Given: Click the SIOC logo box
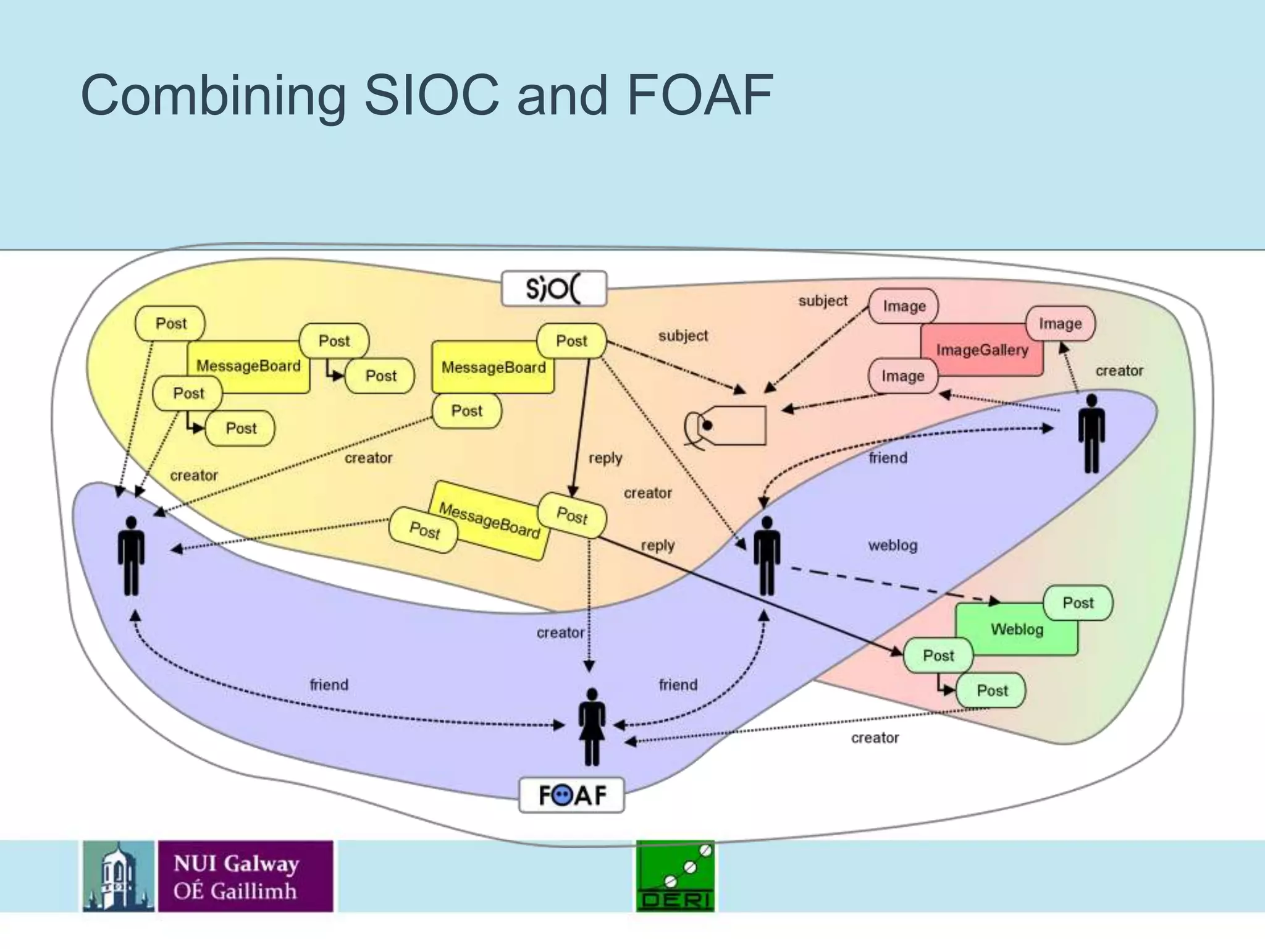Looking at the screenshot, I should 553,289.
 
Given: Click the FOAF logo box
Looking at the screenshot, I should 572,795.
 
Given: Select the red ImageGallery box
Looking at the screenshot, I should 981,350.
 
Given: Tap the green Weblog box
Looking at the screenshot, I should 1016,630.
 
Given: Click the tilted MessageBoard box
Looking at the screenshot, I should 489,521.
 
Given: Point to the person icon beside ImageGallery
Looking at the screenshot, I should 1091,434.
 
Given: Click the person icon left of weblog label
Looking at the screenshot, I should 767,555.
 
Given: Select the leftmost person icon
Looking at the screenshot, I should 131,555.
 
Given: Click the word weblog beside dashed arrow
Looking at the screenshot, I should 893,546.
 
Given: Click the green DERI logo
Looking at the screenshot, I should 675,876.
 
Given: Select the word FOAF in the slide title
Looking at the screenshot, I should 699,95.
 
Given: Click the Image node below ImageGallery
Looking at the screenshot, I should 902,376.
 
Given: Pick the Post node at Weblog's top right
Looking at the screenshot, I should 1078,603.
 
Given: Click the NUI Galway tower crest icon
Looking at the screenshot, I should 119,876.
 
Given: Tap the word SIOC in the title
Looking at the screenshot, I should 431,95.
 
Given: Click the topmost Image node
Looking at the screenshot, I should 904,306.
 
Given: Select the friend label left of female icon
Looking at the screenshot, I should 329,685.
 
